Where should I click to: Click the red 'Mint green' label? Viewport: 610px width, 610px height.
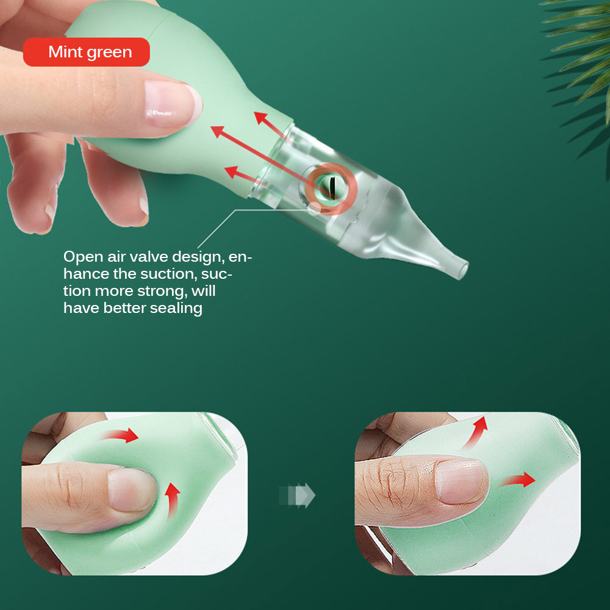[87, 52]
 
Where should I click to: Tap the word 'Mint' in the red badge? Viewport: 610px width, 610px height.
[66, 52]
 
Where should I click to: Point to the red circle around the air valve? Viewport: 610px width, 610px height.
[331, 165]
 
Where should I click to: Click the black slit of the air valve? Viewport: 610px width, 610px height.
[332, 188]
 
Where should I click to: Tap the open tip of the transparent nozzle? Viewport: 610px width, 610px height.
[463, 270]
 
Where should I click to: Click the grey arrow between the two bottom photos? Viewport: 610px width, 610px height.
[297, 495]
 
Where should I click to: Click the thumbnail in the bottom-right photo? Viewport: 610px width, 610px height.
[461, 481]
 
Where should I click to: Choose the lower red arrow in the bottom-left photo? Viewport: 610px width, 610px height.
[173, 501]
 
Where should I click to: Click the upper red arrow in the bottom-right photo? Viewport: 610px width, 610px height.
[475, 432]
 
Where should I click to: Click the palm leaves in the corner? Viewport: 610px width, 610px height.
[579, 59]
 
